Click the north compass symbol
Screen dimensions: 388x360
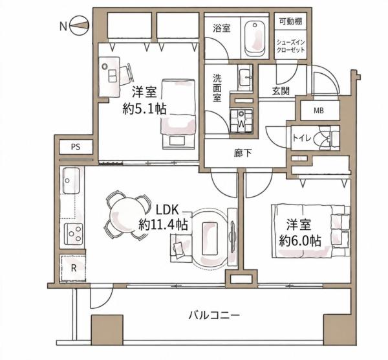[x=79, y=25]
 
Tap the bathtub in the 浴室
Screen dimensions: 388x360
[x=255, y=39]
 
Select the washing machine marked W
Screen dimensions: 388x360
[x=241, y=120]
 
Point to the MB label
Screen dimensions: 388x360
[x=319, y=111]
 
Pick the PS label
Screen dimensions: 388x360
[x=76, y=147]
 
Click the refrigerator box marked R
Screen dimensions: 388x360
[x=73, y=268]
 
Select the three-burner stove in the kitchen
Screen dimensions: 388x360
[x=73, y=234]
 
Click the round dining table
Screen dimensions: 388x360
[x=127, y=214]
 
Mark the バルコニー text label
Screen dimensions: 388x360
[x=214, y=315]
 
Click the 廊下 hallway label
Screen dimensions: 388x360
[x=242, y=153]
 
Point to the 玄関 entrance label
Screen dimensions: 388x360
[x=281, y=91]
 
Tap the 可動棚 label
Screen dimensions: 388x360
[x=290, y=21]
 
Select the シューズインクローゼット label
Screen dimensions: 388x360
[x=290, y=46]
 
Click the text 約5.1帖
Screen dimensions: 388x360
[x=144, y=109]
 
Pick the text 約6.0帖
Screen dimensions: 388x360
[x=300, y=240]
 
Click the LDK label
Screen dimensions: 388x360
[x=167, y=210]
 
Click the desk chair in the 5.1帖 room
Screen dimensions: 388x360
[x=127, y=73]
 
